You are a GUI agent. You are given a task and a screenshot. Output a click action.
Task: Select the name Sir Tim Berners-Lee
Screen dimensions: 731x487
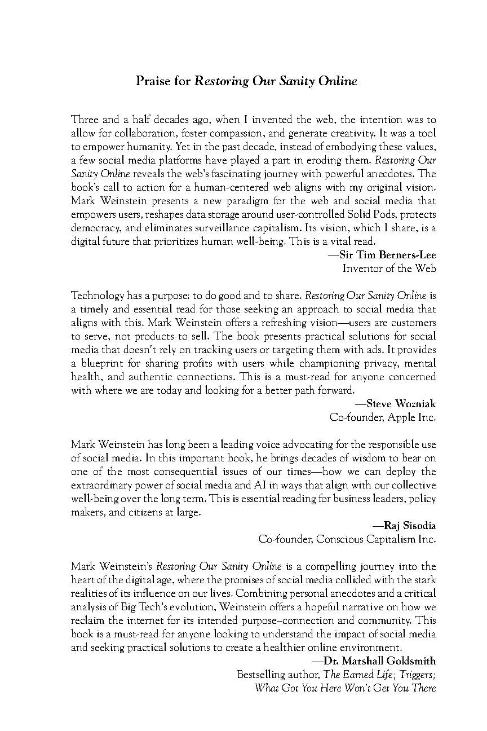pyautogui.click(x=388, y=255)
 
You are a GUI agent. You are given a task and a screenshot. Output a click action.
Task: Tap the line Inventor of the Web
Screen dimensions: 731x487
pyautogui.click(x=389, y=268)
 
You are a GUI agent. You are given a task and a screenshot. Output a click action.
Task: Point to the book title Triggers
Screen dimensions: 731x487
pyautogui.click(x=417, y=675)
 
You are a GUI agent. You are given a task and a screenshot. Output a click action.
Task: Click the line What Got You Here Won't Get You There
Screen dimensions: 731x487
pyautogui.click(x=346, y=688)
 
